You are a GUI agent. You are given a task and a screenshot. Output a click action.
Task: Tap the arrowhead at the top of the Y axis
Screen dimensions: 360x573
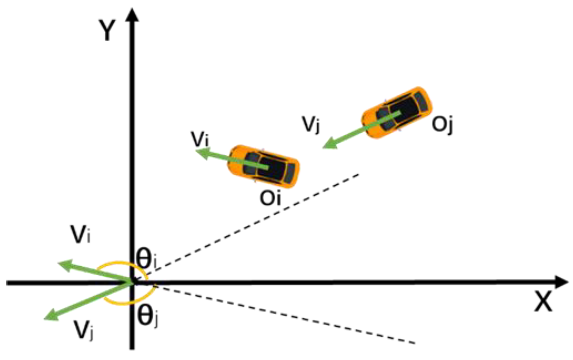(x=132, y=15)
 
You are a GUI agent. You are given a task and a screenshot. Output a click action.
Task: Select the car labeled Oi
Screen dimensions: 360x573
(x=263, y=166)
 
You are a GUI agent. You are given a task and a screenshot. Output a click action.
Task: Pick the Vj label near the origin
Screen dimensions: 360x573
(x=83, y=330)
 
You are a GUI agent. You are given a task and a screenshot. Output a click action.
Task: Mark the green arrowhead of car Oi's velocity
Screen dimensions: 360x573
(x=202, y=153)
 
